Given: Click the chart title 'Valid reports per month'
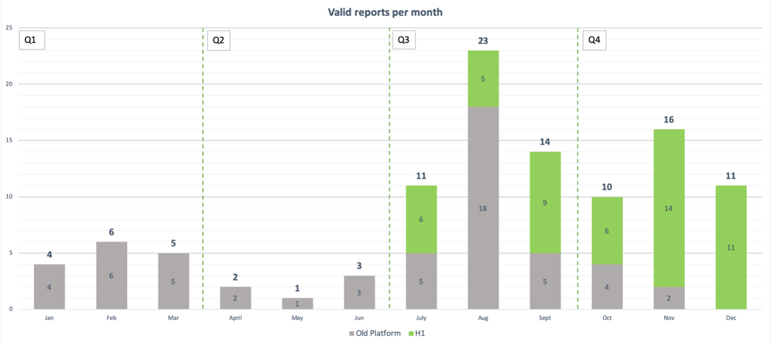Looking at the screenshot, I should click(385, 12).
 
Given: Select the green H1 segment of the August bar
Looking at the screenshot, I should click(483, 78).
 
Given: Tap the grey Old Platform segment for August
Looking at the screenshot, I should click(483, 208).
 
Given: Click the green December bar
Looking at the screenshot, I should click(731, 247).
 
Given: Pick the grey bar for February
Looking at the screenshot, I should click(111, 275).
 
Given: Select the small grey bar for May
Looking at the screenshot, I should click(297, 304).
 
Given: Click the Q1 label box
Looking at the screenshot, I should click(31, 40).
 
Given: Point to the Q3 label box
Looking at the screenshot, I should click(403, 40).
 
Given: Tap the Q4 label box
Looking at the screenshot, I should click(594, 40).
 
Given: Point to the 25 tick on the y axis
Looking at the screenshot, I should click(9, 28).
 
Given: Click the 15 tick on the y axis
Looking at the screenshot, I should click(9, 140).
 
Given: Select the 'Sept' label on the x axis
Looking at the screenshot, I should click(545, 318).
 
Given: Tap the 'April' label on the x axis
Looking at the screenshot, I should click(235, 318).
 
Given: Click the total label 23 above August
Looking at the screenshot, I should click(483, 41).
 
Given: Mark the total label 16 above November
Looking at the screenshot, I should click(669, 120).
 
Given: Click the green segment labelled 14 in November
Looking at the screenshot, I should click(669, 208).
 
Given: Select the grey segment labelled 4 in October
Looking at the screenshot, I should click(607, 287).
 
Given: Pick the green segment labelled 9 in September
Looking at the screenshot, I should click(545, 202).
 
